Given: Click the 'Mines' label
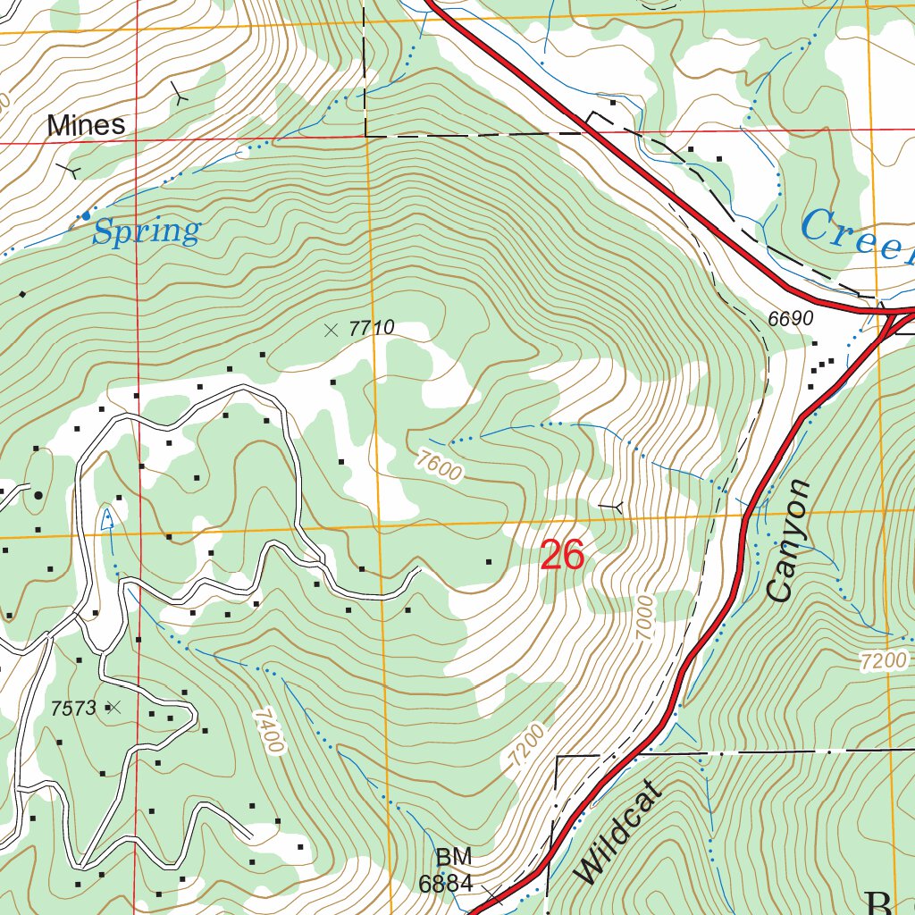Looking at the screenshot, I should (x=86, y=125).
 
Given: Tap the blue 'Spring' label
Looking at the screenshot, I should (x=146, y=232).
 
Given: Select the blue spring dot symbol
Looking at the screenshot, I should (x=86, y=215).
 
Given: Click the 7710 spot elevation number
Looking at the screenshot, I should (x=371, y=329).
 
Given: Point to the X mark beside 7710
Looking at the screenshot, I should (x=332, y=330).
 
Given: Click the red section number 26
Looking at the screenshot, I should (x=562, y=556).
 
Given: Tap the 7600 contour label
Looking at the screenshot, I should (x=439, y=466).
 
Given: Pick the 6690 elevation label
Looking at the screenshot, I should (x=789, y=319).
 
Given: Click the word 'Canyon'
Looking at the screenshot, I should (x=789, y=541).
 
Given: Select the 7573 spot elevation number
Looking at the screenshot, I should (x=73, y=709).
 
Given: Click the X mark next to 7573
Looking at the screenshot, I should (x=113, y=708).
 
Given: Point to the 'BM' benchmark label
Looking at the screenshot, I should (x=454, y=858).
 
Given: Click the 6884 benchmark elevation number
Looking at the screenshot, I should (x=445, y=884).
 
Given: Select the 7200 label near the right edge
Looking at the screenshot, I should (x=884, y=661).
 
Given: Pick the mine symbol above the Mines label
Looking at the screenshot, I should (x=180, y=94).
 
